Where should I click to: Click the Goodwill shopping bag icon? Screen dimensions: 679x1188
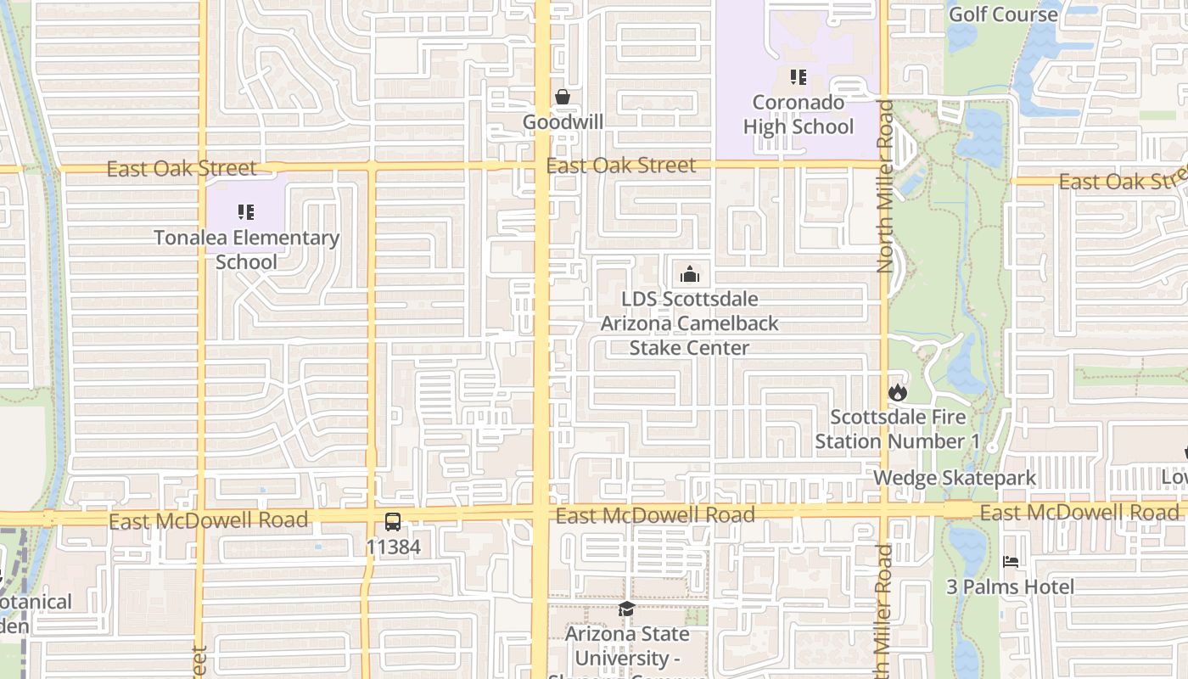562,98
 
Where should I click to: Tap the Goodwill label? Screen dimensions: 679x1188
563,122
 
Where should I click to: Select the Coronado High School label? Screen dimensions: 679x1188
798,115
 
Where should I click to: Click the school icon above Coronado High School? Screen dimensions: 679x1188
798,78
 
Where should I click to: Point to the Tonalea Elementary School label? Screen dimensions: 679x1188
246,250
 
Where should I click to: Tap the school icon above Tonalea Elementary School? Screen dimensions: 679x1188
246,212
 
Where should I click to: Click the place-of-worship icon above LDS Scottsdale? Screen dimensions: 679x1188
690,274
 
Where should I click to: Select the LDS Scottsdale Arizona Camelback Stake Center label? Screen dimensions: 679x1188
689,323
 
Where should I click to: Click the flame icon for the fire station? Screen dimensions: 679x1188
898,392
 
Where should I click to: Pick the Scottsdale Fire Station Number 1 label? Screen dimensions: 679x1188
897,429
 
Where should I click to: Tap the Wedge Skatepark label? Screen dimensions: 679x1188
955,478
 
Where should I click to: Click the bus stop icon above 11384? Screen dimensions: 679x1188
393,522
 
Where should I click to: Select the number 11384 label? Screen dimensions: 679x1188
393,547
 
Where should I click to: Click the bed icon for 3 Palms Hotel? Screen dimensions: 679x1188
1010,562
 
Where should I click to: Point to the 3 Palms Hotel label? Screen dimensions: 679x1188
1010,586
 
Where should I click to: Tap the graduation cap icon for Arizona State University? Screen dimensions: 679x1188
626,609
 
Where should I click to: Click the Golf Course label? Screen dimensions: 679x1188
1003,14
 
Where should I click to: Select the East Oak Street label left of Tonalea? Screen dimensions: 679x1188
181,169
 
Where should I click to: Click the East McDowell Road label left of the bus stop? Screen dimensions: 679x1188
208,520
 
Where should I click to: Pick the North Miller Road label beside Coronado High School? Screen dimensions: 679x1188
885,187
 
